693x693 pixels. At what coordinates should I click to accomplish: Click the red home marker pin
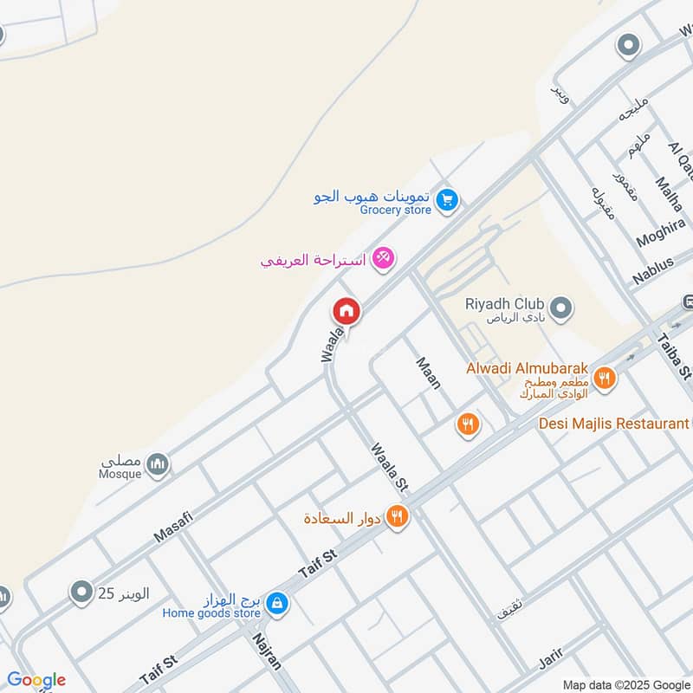click(346, 311)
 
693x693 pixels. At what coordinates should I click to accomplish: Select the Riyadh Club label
click(504, 304)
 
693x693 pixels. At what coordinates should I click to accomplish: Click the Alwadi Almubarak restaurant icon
click(605, 378)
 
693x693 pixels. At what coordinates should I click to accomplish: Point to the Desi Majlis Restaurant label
click(612, 424)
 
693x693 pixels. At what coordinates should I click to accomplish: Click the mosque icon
click(157, 465)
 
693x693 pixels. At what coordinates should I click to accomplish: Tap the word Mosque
click(120, 475)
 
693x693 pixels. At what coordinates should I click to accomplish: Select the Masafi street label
click(173, 527)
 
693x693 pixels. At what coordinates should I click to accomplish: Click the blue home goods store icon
click(277, 602)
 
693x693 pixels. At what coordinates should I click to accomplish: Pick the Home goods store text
click(211, 613)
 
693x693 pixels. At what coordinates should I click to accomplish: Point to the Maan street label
click(428, 373)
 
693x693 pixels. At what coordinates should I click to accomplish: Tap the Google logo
click(36, 680)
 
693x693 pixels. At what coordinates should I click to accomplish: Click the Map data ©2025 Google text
click(626, 684)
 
